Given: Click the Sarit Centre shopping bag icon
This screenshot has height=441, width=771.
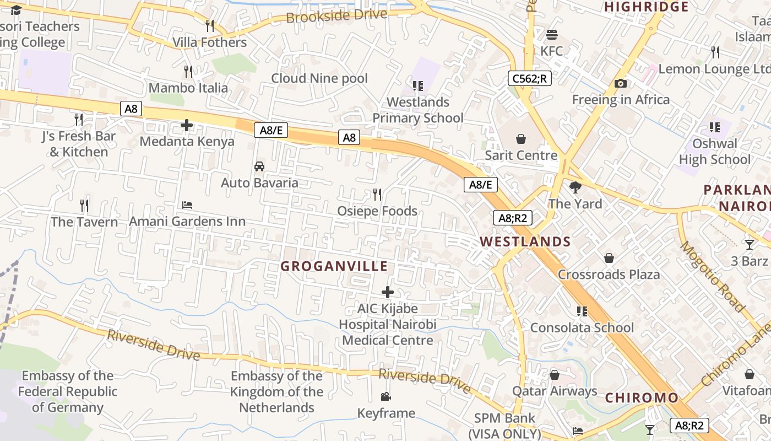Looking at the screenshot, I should click(x=521, y=139).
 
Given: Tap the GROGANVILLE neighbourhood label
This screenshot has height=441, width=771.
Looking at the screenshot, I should click(x=334, y=266).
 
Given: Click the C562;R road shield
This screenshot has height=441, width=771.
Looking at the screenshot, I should click(x=529, y=78).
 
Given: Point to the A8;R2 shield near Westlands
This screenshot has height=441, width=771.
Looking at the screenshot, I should click(x=513, y=218).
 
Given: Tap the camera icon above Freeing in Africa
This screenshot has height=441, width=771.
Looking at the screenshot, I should click(x=621, y=84).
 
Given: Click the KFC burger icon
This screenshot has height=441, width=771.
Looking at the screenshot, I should click(x=552, y=35).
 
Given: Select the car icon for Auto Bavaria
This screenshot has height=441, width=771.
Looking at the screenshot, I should click(x=259, y=166).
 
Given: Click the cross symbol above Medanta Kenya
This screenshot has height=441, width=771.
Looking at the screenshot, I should click(x=187, y=125).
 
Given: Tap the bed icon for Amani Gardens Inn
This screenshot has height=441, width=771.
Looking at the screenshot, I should click(x=187, y=205).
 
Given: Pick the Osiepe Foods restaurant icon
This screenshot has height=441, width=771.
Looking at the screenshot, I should click(x=377, y=195).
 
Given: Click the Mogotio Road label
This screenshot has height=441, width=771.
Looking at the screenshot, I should click(x=713, y=276).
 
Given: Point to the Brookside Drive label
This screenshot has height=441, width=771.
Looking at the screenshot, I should click(x=336, y=15).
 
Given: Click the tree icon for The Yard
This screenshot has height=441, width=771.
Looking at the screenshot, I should click(x=575, y=187).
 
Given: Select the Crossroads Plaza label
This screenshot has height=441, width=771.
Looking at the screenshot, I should click(x=609, y=275).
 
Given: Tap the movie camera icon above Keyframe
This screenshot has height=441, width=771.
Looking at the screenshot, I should click(x=386, y=397).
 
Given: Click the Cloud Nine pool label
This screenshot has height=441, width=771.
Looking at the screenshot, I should click(x=319, y=78).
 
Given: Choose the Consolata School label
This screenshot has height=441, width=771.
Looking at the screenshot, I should click(x=582, y=327).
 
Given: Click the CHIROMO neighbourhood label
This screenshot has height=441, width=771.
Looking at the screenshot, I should click(x=642, y=398).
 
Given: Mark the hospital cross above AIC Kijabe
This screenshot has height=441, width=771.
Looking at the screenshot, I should click(x=388, y=292).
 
